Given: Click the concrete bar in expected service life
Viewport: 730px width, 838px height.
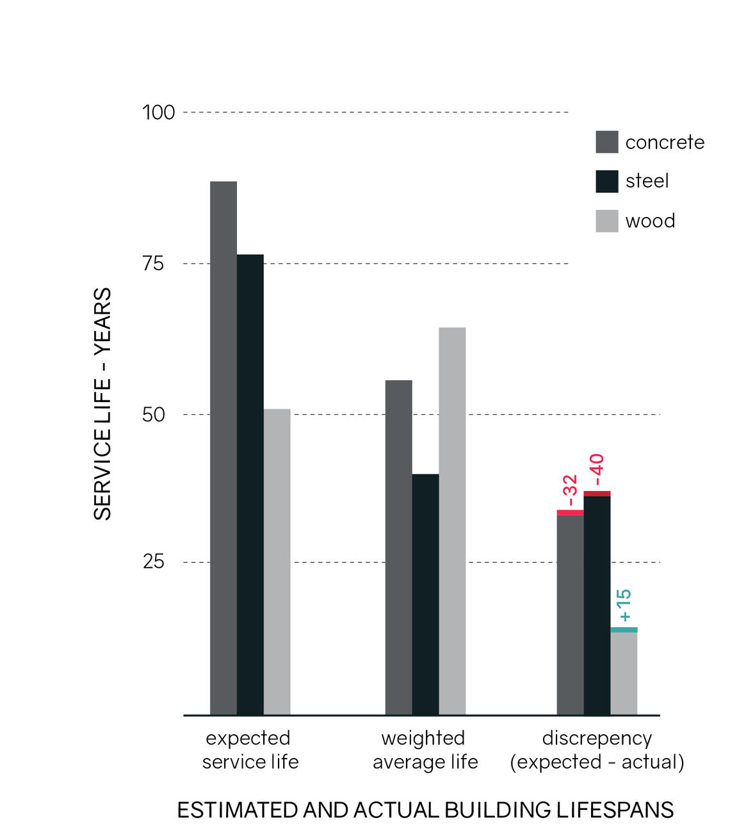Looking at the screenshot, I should pyautogui.click(x=223, y=448).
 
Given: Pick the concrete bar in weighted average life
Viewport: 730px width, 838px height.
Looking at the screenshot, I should pyautogui.click(x=398, y=547).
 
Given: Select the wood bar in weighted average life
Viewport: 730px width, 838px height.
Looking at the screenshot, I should pyautogui.click(x=452, y=521).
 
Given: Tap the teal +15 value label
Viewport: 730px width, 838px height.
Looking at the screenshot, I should pyautogui.click(x=624, y=606).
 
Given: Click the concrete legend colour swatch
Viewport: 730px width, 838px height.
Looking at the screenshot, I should pyautogui.click(x=606, y=142).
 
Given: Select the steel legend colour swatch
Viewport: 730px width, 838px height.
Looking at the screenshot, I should pyautogui.click(x=606, y=181).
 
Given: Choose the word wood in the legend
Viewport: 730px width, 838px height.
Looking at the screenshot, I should pyautogui.click(x=650, y=221).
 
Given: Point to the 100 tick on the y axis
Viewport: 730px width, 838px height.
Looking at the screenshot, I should pyautogui.click(x=158, y=113).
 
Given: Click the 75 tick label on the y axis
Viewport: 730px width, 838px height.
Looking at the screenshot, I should pyautogui.click(x=153, y=264).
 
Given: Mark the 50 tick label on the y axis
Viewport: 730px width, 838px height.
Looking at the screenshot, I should pyautogui.click(x=153, y=415).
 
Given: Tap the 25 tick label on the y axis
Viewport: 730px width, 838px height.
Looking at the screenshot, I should pyautogui.click(x=153, y=562).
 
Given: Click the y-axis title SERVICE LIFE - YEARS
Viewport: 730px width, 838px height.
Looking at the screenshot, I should pyautogui.click(x=102, y=404).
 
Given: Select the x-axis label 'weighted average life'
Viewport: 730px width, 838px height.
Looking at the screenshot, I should pyautogui.click(x=425, y=750).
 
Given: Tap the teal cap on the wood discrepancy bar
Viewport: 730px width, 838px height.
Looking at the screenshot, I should pyautogui.click(x=624, y=630).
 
